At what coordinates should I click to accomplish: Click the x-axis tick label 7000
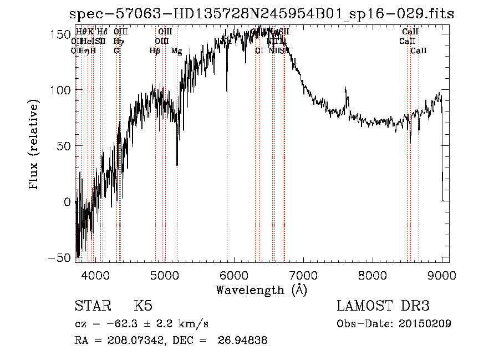tap(303, 275)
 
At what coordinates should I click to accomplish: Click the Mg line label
tap(176, 51)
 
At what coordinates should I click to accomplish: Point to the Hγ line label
tap(118, 41)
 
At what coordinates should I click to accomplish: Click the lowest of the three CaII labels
tap(419, 51)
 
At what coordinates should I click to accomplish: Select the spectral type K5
tap(143, 306)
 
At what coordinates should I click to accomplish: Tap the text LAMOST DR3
tap(383, 306)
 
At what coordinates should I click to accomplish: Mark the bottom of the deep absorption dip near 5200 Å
tap(177, 165)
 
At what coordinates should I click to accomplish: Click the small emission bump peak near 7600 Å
tap(346, 88)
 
